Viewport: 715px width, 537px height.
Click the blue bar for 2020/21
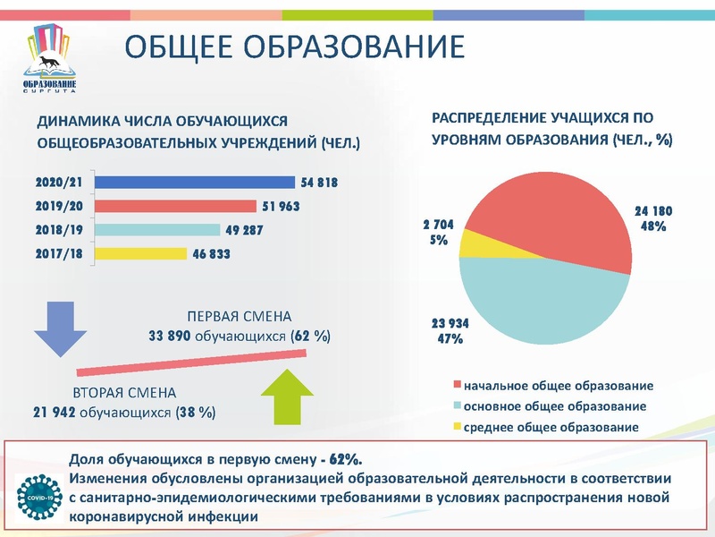tap(194, 183)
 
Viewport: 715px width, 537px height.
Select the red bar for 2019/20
tap(174, 206)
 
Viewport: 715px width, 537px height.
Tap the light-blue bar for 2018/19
tap(156, 230)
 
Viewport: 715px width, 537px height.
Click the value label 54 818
tap(319, 183)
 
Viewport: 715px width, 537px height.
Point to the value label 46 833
tap(211, 254)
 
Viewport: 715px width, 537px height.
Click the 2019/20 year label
tap(59, 206)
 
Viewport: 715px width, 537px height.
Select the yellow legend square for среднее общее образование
tap(458, 427)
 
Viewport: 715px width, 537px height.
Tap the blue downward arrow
tap(60, 329)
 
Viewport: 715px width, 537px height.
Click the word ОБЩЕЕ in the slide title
tap(180, 47)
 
